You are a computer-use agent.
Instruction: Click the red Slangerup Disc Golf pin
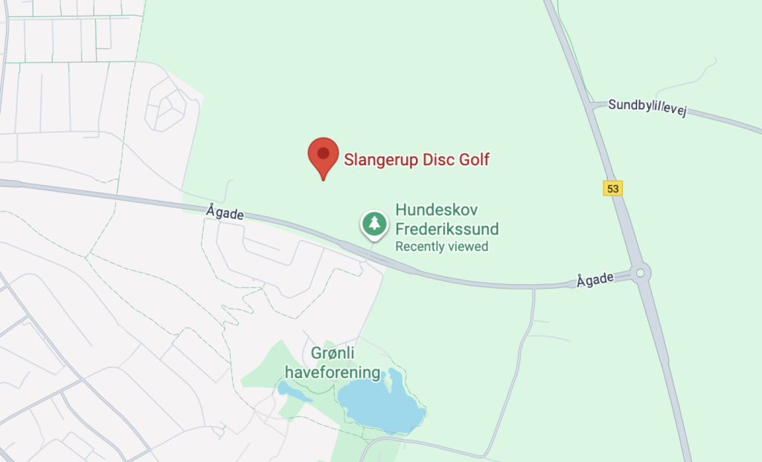pyautogui.click(x=323, y=155)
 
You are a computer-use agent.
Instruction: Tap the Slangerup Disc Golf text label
pyautogui.click(x=416, y=159)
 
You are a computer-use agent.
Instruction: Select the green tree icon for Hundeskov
pyautogui.click(x=374, y=223)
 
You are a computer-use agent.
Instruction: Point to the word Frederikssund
pyautogui.click(x=446, y=228)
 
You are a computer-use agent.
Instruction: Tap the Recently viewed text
pyautogui.click(x=441, y=246)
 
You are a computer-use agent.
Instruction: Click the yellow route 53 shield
pyautogui.click(x=612, y=189)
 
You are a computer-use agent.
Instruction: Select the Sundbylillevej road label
pyautogui.click(x=646, y=107)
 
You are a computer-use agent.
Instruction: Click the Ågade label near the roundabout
pyautogui.click(x=595, y=280)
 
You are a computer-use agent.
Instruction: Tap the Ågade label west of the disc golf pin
pyautogui.click(x=225, y=214)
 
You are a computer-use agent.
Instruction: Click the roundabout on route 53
pyautogui.click(x=641, y=273)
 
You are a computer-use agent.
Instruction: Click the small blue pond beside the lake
pyautogui.click(x=286, y=388)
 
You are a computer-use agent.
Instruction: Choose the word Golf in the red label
pyautogui.click(x=473, y=159)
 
